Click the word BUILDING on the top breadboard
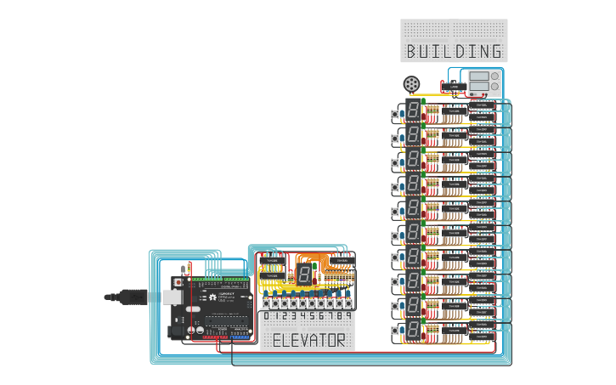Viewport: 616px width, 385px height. [x=454, y=51]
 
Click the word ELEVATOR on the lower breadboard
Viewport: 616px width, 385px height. [x=308, y=341]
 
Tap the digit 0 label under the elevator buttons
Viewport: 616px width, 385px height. [x=266, y=316]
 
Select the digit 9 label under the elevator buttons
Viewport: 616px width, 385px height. [x=348, y=316]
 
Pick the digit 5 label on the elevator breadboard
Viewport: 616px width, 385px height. [x=311, y=316]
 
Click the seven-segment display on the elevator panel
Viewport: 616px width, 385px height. [x=303, y=275]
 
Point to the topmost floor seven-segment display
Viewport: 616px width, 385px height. [x=413, y=110]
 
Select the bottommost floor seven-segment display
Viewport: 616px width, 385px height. [x=413, y=330]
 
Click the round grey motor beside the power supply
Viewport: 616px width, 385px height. [x=412, y=84]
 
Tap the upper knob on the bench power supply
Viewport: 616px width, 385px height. [x=495, y=76]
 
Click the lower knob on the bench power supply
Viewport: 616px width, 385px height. [x=495, y=87]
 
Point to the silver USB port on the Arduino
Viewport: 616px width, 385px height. [x=172, y=297]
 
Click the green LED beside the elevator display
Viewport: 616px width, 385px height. [x=315, y=266]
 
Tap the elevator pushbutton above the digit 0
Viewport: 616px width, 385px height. [x=266, y=303]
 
